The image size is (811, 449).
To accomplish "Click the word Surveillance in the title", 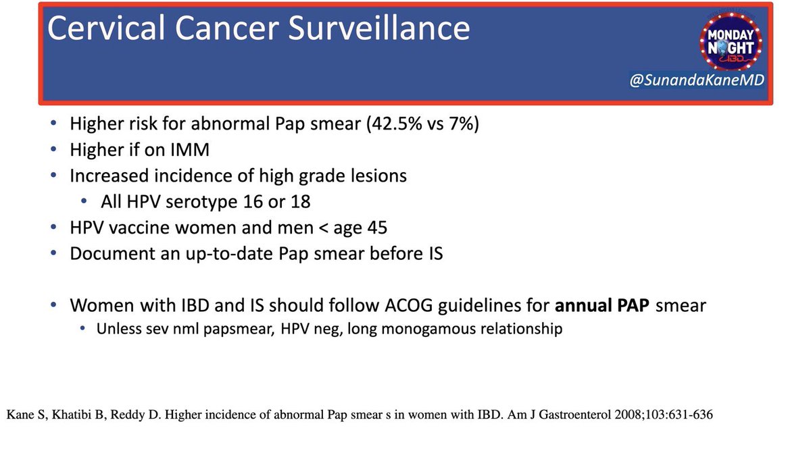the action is (x=378, y=28).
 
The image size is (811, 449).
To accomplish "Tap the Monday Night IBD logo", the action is (x=731, y=41).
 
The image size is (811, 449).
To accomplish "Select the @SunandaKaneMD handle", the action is (x=697, y=80).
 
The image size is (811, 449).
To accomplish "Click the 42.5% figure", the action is (x=394, y=124).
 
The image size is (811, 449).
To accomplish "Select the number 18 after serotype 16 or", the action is (x=301, y=202).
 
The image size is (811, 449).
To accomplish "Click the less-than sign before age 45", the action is (x=323, y=228).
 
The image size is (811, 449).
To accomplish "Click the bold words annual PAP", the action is (x=602, y=305).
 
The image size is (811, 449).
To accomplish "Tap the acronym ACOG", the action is (x=409, y=305).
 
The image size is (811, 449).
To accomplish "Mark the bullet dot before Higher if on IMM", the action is (x=53, y=149).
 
